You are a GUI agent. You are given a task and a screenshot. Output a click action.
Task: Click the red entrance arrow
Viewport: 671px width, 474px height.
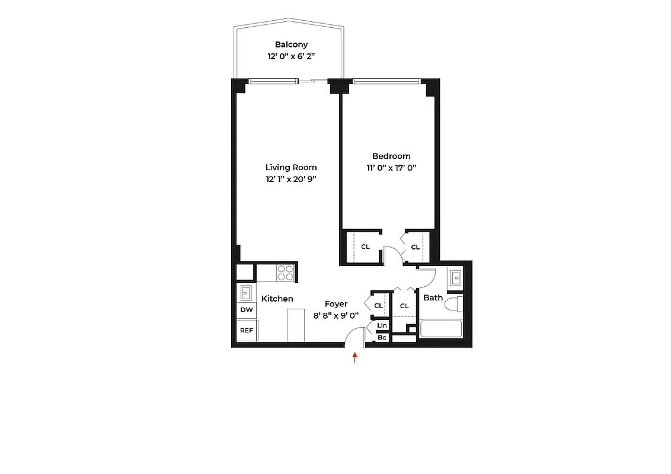tap(355, 357)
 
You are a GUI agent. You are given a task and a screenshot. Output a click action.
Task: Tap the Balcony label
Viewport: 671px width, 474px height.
tap(291, 44)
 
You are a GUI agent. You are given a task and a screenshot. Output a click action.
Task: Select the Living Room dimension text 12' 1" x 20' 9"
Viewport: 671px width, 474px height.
tap(291, 179)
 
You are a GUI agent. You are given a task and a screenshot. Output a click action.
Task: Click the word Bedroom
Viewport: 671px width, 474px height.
tap(391, 156)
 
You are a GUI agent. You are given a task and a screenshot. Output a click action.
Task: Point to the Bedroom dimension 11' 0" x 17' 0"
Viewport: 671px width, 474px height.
tap(391, 168)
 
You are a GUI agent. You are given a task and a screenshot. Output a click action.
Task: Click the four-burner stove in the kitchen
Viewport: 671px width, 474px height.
tap(285, 273)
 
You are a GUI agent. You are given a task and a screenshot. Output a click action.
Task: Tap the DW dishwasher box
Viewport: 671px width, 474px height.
tap(247, 310)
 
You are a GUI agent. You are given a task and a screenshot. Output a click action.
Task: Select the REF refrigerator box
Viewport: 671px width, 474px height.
tap(247, 331)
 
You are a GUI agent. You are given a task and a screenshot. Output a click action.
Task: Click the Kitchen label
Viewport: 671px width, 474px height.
tap(277, 299)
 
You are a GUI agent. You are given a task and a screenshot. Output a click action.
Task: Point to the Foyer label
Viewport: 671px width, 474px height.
tap(336, 304)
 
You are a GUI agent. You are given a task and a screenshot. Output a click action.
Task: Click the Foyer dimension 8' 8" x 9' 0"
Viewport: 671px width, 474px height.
tap(336, 315)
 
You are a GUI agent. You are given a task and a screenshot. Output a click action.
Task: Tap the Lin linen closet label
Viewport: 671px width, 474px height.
tap(382, 326)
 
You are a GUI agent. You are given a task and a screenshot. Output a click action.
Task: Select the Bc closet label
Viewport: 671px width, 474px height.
tap(382, 338)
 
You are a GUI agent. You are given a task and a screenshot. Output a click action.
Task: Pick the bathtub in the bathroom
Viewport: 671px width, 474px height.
tap(440, 329)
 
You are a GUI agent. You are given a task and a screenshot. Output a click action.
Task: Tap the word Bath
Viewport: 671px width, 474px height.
tap(433, 297)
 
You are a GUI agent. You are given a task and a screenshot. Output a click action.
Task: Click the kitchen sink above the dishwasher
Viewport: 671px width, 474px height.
tap(246, 292)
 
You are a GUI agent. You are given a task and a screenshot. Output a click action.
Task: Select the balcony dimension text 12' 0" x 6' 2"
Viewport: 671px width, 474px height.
tap(291, 57)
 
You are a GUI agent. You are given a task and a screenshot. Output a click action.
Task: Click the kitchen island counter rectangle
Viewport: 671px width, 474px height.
tap(295, 325)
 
